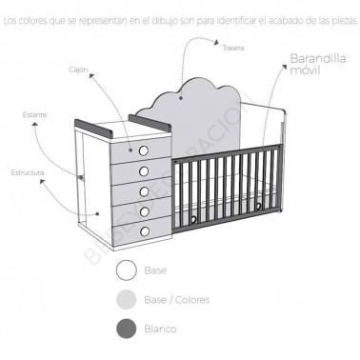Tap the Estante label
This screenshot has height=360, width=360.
click(x=35, y=115)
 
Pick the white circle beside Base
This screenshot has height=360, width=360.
click(x=125, y=270)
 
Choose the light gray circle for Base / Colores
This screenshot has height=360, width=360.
click(x=125, y=299)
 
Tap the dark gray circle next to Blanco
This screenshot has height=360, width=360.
click(x=125, y=329)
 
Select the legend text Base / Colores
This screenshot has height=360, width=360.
click(x=176, y=299)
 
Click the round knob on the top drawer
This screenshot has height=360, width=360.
click(x=145, y=150)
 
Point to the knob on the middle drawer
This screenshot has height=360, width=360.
click(x=145, y=190)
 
